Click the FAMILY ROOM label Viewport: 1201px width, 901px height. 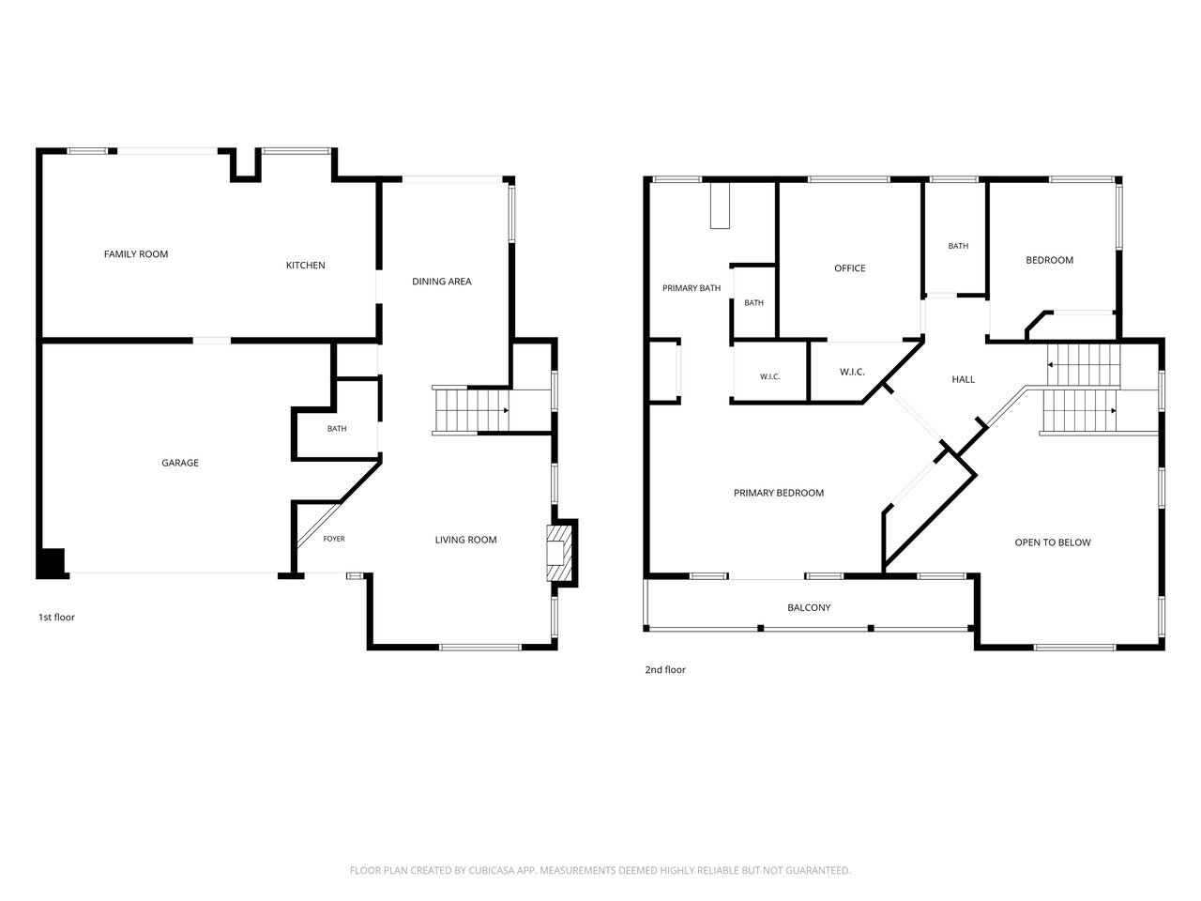pyautogui.click(x=136, y=253)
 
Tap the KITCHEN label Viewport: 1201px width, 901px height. pyautogui.click(x=305, y=266)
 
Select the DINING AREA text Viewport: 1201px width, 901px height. pyautogui.click(x=442, y=282)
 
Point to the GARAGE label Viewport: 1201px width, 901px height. pyautogui.click(x=180, y=463)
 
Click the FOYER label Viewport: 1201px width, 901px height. pyautogui.click(x=334, y=539)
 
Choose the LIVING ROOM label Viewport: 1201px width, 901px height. pyautogui.click(x=465, y=540)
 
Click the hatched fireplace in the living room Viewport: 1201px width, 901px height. pyautogui.click(x=558, y=553)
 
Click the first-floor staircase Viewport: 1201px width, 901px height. pyautogui.click(x=472, y=410)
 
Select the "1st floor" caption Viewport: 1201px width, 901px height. pyautogui.click(x=56, y=617)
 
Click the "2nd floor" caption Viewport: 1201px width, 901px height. pyautogui.click(x=665, y=669)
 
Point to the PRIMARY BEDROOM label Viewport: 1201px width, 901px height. pyautogui.click(x=779, y=493)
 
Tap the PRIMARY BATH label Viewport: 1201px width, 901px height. pyautogui.click(x=692, y=288)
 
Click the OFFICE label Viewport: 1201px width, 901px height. pyautogui.click(x=850, y=268)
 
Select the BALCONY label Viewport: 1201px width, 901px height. pyautogui.click(x=809, y=608)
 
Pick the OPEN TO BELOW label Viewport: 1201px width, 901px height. pyautogui.click(x=1053, y=542)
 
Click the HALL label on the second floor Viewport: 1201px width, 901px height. pyautogui.click(x=963, y=380)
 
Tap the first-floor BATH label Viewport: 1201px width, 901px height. pyautogui.click(x=337, y=429)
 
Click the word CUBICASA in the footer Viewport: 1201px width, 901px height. pyautogui.click(x=491, y=870)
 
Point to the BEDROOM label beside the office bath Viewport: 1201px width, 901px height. pyautogui.click(x=1049, y=260)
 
